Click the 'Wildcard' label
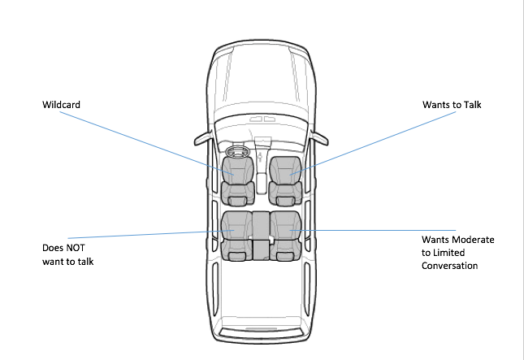(x=63, y=105)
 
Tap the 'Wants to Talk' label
(x=452, y=105)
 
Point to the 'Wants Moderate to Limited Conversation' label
(x=457, y=253)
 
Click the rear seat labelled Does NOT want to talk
(x=236, y=234)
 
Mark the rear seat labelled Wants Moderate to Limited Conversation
(x=286, y=234)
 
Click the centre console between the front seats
(x=261, y=175)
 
